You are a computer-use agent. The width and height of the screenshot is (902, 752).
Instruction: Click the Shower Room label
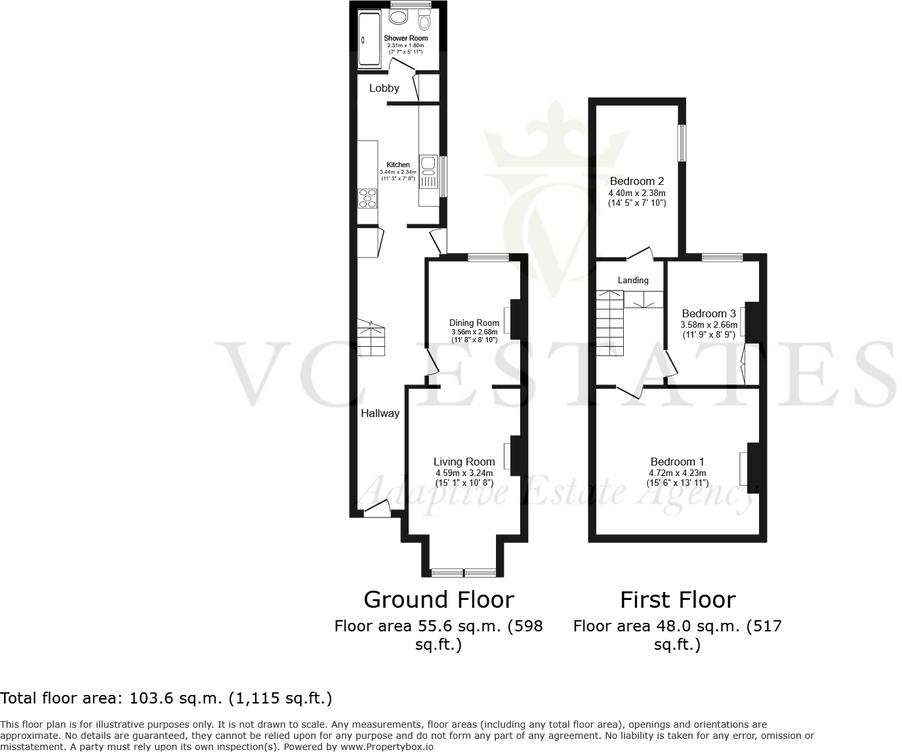tap(405, 38)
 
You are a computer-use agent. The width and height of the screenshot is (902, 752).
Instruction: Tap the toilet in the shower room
tap(424, 23)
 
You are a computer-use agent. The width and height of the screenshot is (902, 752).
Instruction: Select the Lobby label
tap(384, 88)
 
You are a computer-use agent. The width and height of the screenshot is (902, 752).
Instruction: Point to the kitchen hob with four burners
tap(367, 197)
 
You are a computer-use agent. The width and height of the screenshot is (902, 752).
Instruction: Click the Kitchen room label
tap(398, 165)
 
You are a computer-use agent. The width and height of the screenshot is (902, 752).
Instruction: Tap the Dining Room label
tap(474, 323)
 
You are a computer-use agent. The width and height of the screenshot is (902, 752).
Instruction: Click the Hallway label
tap(380, 413)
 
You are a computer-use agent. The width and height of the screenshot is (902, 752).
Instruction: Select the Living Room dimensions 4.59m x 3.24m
tap(464, 473)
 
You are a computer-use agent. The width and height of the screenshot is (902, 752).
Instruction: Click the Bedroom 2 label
tap(637, 181)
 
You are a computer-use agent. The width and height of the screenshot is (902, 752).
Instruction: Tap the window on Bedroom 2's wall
tap(682, 143)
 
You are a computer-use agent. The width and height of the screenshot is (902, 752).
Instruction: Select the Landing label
tap(633, 280)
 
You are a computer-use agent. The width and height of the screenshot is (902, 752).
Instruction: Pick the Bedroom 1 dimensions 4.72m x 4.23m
tap(678, 473)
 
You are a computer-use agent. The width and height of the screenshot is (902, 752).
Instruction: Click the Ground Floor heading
tap(438, 599)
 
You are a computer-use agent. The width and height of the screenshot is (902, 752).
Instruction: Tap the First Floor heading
tap(678, 599)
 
